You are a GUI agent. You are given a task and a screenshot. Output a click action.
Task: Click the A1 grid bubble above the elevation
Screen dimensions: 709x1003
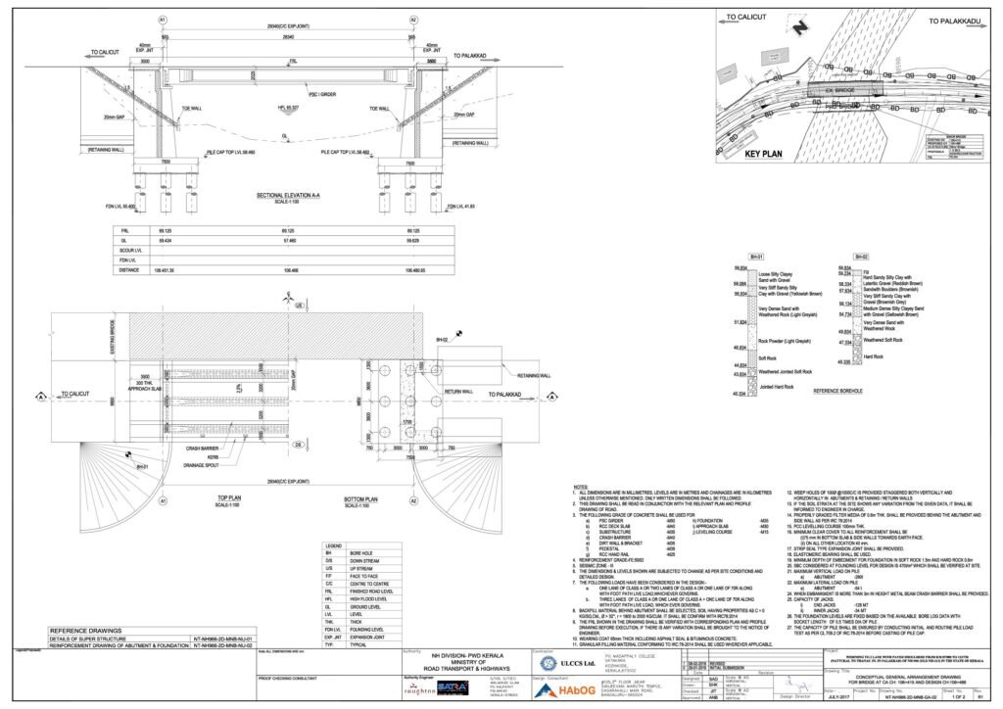point(163,20)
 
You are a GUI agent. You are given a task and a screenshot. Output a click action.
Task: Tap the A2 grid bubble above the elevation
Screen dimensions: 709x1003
point(412,20)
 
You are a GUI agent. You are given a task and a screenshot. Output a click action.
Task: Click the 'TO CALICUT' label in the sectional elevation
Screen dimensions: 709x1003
point(105,52)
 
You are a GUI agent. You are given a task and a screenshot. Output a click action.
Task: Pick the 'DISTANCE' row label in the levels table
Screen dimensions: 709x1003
point(130,269)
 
